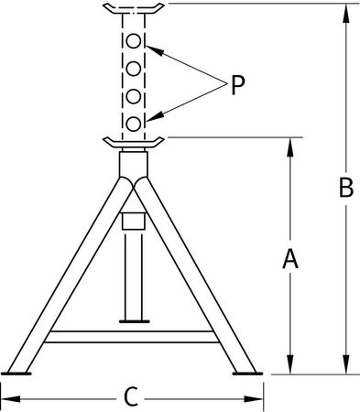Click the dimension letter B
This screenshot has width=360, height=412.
345,189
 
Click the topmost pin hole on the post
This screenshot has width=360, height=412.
134,42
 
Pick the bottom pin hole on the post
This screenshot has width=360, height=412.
134,122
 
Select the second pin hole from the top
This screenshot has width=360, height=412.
134,69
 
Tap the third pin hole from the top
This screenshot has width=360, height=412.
134,95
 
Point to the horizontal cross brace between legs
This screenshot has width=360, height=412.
134,336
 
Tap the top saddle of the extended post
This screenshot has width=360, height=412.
134,9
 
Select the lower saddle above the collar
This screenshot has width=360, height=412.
134,142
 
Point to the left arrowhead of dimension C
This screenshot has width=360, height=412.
10,397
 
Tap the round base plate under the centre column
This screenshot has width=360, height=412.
134,320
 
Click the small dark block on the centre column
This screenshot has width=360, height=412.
134,222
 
